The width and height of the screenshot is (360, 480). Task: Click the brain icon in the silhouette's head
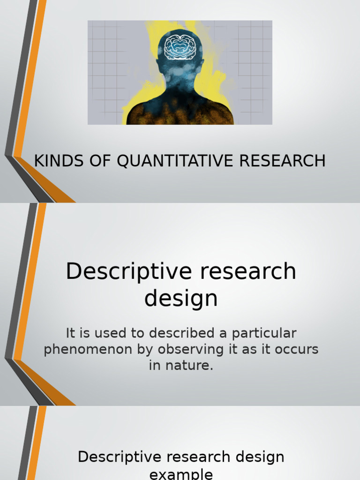(180, 47)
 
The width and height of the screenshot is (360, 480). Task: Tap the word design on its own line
(181, 299)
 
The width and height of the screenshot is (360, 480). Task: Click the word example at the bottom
(181, 473)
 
